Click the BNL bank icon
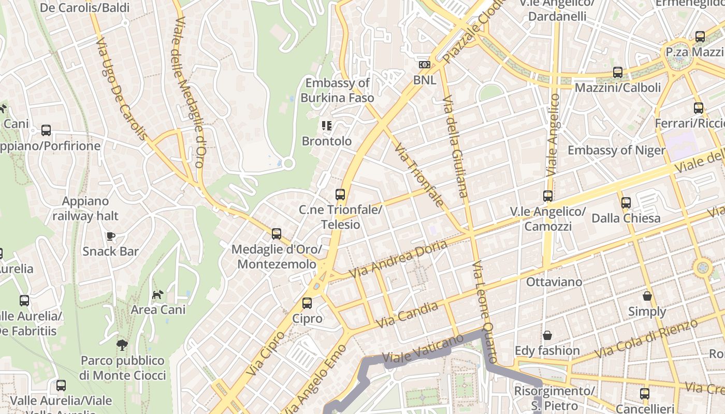click(424, 65)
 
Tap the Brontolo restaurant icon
click(326, 126)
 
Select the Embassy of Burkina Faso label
click(337, 90)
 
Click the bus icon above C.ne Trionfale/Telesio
click(340, 195)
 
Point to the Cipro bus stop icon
click(307, 303)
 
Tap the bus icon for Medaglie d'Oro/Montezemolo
click(277, 234)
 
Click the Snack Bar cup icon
click(110, 236)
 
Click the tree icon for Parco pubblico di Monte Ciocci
click(122, 345)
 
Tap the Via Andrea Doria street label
click(398, 259)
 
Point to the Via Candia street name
click(407, 315)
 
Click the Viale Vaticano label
click(423, 349)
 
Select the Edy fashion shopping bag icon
click(547, 335)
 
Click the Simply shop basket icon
click(647, 296)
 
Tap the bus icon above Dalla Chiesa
click(626, 203)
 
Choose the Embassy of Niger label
click(616, 151)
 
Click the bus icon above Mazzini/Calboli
click(617, 72)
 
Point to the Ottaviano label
click(554, 283)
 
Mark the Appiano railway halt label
click(85, 209)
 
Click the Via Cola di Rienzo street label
click(646, 339)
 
